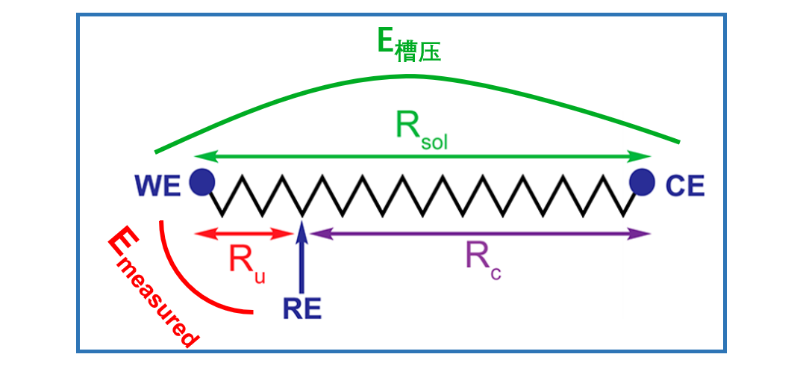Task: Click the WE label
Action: click(157, 185)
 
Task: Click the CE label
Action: click(684, 185)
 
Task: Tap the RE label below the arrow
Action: click(302, 308)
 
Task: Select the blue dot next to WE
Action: click(201, 182)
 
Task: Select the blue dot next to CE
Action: click(641, 181)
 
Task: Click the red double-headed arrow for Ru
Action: click(243, 234)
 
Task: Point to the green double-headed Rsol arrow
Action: click(422, 156)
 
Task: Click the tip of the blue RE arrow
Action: click(301, 223)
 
